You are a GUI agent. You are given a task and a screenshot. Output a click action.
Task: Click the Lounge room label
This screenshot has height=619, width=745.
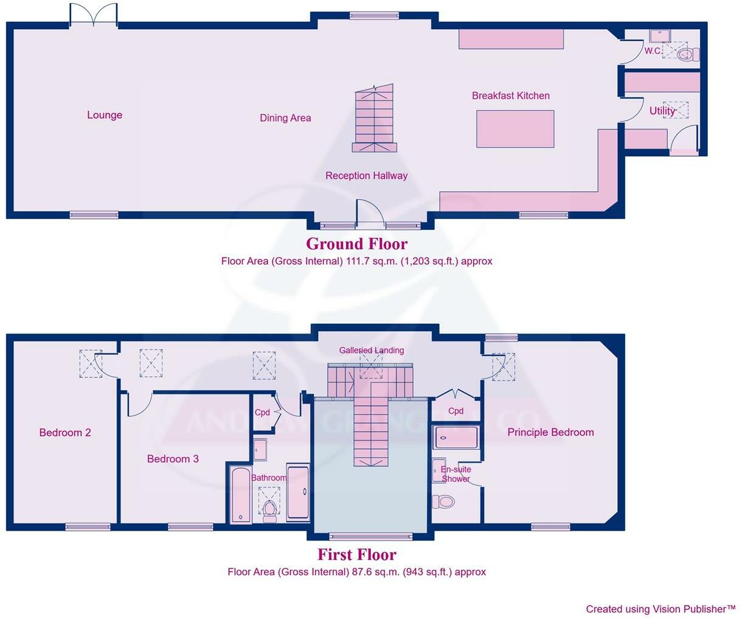105,115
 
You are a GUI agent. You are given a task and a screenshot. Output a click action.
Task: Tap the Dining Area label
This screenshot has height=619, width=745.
285,118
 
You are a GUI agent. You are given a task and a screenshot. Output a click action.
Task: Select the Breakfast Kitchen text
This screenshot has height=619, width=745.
510,96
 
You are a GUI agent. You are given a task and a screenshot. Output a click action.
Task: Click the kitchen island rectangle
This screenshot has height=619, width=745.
515,128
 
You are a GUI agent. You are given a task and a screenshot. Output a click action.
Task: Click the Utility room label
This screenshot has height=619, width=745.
662,111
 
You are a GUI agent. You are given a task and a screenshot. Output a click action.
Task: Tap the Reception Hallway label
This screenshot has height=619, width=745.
366,176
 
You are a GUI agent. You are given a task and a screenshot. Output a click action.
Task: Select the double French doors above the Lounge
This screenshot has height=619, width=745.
93,15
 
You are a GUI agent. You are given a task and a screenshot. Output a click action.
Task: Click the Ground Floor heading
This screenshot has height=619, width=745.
356,244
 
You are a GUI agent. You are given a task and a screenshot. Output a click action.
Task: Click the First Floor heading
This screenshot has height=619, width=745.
356,555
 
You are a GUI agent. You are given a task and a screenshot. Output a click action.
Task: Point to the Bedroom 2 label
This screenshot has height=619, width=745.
65,433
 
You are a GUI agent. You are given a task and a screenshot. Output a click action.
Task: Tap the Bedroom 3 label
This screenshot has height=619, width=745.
173,459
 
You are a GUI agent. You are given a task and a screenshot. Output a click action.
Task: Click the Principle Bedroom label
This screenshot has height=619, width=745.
550,432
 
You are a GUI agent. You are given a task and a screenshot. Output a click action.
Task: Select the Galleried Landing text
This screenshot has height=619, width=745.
371,350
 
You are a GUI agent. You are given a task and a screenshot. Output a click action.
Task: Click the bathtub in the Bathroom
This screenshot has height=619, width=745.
240,495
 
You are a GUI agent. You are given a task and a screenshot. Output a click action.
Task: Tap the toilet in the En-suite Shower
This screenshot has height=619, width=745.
444,502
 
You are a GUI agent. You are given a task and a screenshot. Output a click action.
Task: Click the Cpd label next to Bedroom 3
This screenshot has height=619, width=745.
262,413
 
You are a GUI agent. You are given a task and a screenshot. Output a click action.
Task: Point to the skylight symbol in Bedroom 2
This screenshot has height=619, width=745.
91,363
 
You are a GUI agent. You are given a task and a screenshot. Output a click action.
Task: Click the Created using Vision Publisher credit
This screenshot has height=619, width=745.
660,609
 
